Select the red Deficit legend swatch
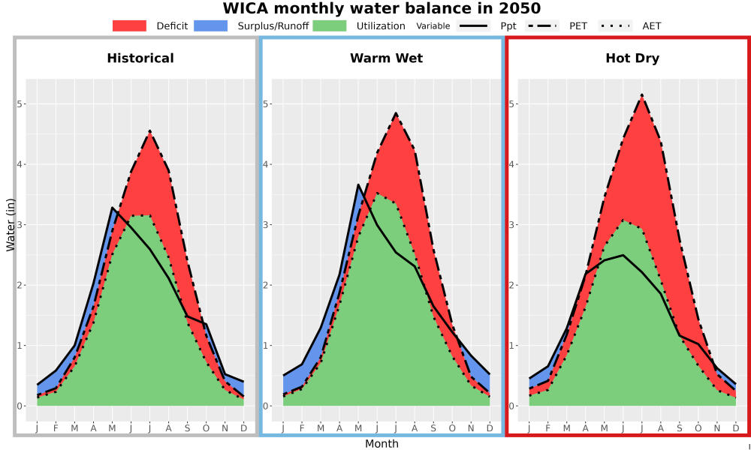(x=129, y=25)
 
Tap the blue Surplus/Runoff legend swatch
(x=211, y=25)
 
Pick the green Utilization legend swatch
(x=330, y=25)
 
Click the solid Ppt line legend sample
(x=473, y=25)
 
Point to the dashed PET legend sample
(x=542, y=25)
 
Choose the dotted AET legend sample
(x=615, y=25)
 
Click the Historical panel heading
(x=140, y=58)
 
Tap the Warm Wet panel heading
(x=387, y=58)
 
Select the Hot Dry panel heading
(x=632, y=58)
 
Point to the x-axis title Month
(x=382, y=444)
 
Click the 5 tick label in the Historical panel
(x=20, y=103)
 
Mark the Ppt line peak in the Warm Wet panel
(x=358, y=184)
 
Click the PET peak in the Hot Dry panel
(x=642, y=95)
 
